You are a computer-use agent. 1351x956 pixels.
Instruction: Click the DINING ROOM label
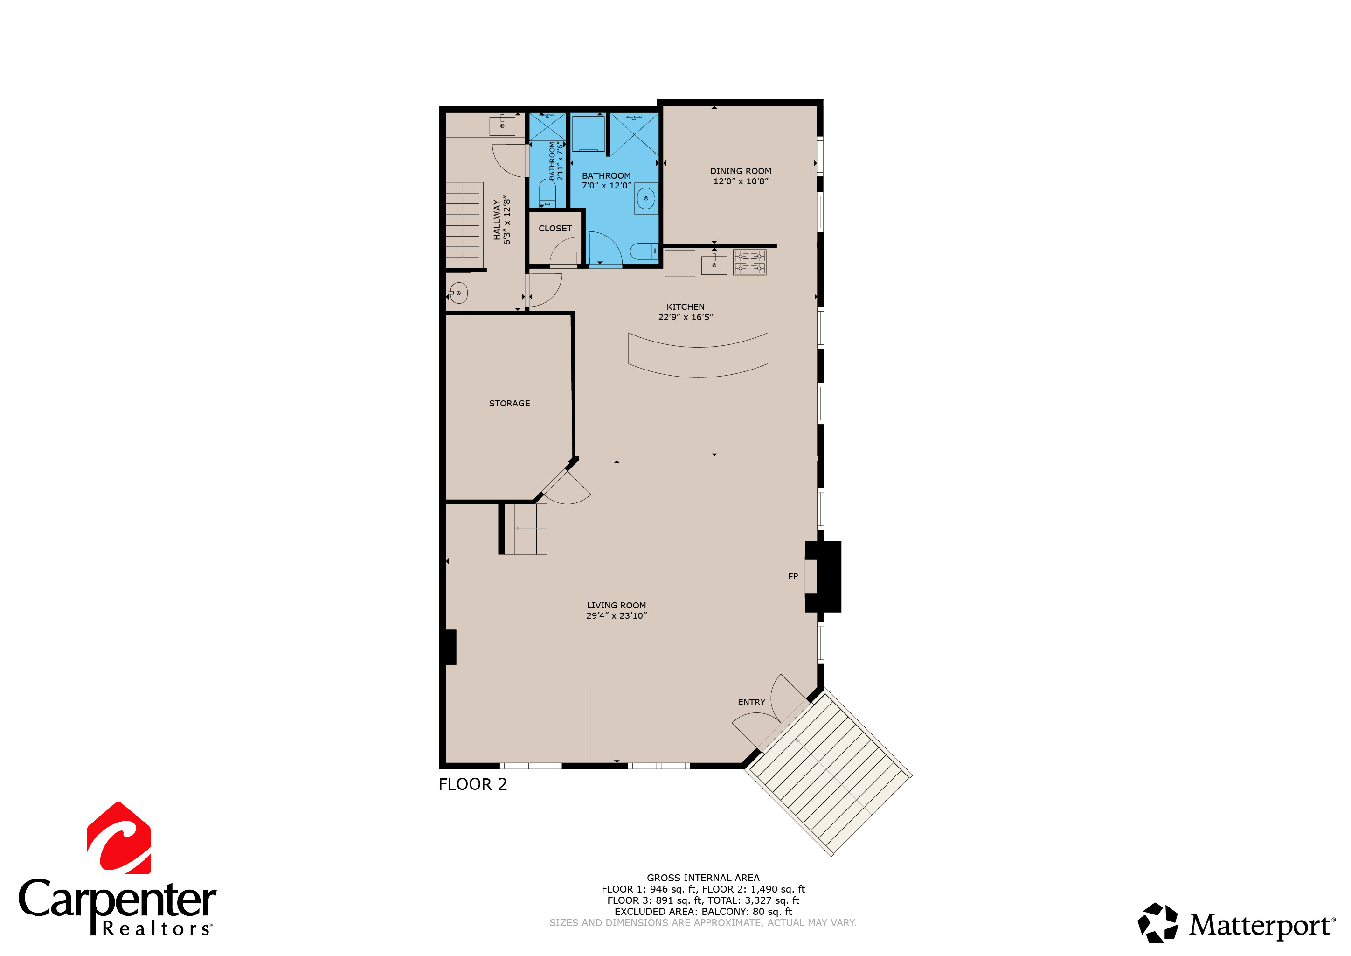coord(740,171)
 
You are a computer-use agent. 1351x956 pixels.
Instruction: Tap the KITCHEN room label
coord(685,307)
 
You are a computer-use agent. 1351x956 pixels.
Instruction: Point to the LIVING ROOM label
coord(616,605)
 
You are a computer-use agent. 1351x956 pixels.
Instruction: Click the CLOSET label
coord(555,229)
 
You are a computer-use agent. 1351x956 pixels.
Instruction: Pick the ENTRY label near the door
coord(751,702)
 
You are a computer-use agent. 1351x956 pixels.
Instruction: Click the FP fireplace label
coord(793,576)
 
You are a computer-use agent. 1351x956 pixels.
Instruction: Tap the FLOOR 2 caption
coord(472,784)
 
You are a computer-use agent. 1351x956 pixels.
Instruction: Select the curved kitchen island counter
coord(698,356)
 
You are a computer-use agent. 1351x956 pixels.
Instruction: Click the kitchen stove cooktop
coord(749,262)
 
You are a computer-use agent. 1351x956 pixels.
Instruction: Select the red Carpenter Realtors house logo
coord(119,838)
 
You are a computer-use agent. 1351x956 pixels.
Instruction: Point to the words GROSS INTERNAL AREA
coord(703,878)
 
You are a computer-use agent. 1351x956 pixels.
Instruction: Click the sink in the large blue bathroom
coord(646,199)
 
